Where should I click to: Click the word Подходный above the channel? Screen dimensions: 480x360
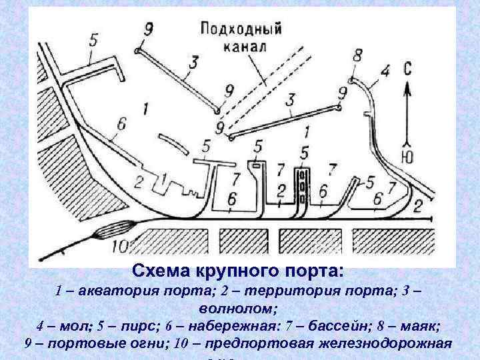[x=241, y=31]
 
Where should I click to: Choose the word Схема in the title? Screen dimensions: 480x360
[x=159, y=272]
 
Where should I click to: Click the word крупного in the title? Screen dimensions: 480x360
[x=221, y=272]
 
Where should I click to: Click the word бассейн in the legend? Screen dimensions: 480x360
[x=321, y=327]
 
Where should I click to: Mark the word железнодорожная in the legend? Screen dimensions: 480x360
[x=388, y=344]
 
